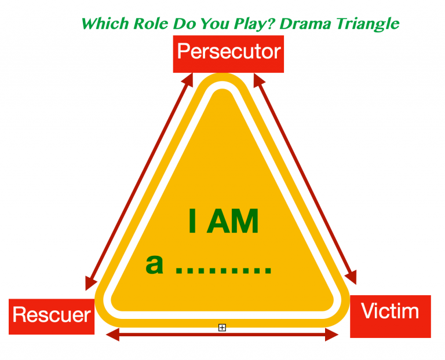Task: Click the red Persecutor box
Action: (x=228, y=53)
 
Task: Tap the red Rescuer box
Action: (x=52, y=316)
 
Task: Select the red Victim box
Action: (x=390, y=316)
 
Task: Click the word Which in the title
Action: (x=104, y=24)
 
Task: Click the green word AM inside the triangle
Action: (x=232, y=221)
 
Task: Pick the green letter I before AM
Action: (x=194, y=221)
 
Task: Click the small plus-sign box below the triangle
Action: (x=222, y=328)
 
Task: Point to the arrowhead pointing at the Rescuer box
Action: (x=90, y=283)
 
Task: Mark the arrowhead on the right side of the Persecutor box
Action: (x=258, y=80)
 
